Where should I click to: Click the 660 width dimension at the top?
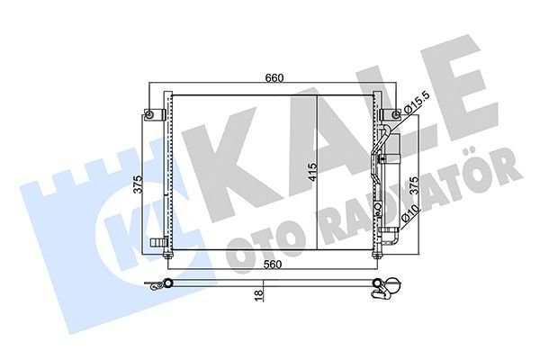pyautogui.click(x=274, y=78)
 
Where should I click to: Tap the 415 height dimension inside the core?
pyautogui.click(x=311, y=173)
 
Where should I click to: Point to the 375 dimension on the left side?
pyautogui.click(x=139, y=184)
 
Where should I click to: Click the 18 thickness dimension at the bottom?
pyautogui.click(x=259, y=294)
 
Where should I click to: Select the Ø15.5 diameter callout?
pyautogui.click(x=418, y=108)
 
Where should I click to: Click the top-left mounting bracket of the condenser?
pyautogui.click(x=151, y=114)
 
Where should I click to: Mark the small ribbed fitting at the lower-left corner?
pyautogui.click(x=157, y=241)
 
